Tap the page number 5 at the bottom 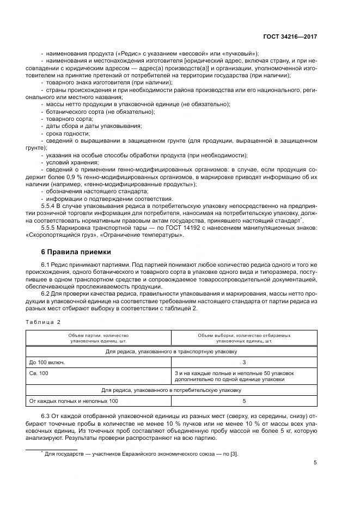[x=315, y=463]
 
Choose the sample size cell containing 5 [x=244, y=401]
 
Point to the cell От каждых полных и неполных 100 [x=74, y=401]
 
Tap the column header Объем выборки [x=244, y=338]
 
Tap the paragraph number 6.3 [x=46, y=416]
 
